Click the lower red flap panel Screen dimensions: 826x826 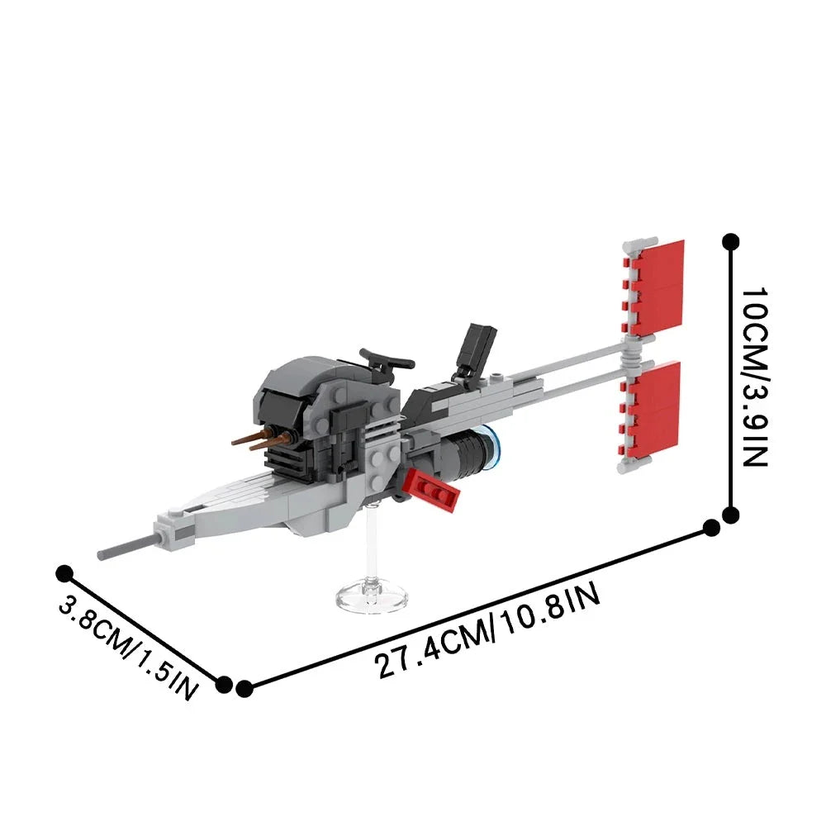(659, 411)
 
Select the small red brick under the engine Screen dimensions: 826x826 (433, 493)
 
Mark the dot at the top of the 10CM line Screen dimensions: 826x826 (730, 241)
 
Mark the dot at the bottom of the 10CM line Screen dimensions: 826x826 (730, 515)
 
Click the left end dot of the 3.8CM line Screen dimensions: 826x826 (64, 572)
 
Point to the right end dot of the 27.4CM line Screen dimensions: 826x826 (710, 527)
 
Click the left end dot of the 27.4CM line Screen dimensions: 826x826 (244, 688)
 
